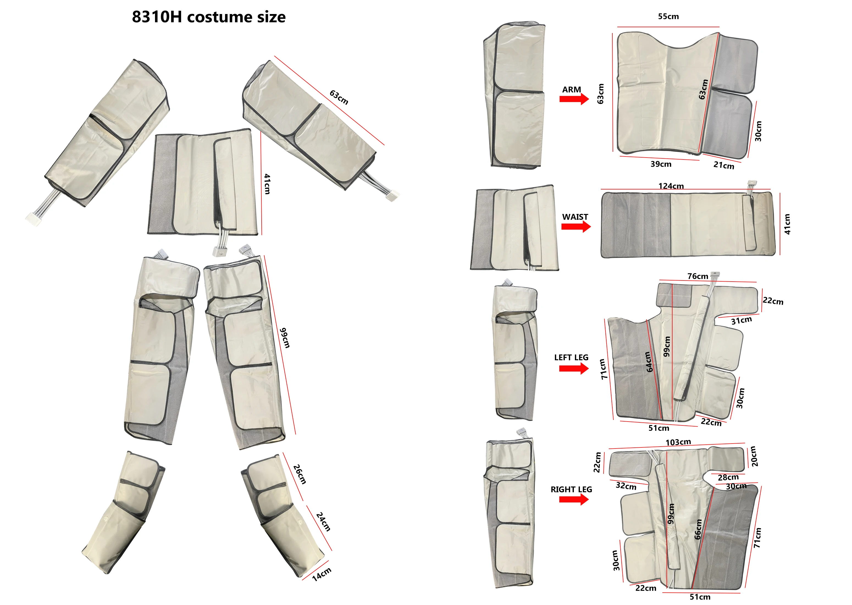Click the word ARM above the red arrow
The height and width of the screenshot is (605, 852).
click(x=571, y=89)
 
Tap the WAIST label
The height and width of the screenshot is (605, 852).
click(x=575, y=217)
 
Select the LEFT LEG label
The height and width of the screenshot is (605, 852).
click(x=571, y=358)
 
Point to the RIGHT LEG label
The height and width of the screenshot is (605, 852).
click(x=571, y=490)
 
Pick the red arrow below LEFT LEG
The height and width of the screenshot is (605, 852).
click(x=574, y=369)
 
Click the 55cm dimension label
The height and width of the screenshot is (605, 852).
click(x=668, y=16)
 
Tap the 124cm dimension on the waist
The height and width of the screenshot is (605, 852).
click(x=671, y=186)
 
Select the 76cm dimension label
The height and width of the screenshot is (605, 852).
click(x=698, y=276)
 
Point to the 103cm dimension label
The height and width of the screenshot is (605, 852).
click(x=678, y=442)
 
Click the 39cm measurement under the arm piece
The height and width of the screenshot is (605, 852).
click(x=661, y=164)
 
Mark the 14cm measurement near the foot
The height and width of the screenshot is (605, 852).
click(x=321, y=574)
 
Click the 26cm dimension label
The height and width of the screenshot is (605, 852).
click(x=300, y=474)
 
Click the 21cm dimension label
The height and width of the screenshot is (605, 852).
click(x=724, y=165)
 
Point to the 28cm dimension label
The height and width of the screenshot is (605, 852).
click(x=728, y=477)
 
